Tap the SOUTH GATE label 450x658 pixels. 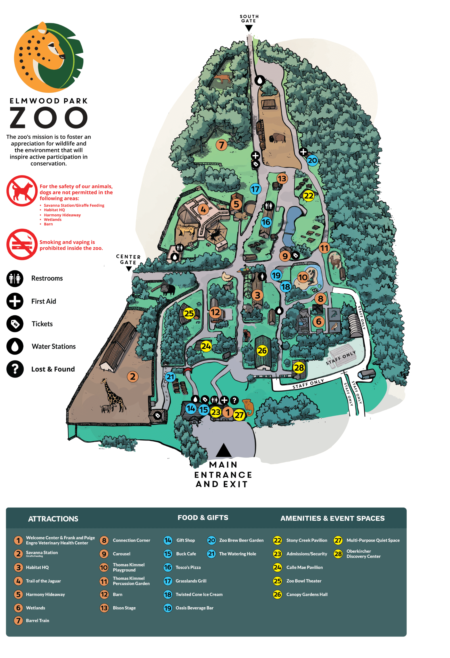249,19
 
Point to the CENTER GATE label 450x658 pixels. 128,259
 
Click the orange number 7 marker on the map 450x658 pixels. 221,145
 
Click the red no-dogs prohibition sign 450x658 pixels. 22,191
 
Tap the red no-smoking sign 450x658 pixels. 22,244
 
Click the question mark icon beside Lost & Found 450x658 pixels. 15,369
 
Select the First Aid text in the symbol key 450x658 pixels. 44,301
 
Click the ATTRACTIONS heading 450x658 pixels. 53,519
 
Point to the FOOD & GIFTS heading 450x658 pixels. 203,518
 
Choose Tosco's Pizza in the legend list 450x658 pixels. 188,567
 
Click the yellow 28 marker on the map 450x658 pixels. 299,367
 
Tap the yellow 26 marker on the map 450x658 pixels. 262,350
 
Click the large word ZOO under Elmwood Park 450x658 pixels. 48,118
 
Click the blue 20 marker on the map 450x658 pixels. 312,160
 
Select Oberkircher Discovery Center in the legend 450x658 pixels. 363,554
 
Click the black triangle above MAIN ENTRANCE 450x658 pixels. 223,451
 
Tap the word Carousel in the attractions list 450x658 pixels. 121,554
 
